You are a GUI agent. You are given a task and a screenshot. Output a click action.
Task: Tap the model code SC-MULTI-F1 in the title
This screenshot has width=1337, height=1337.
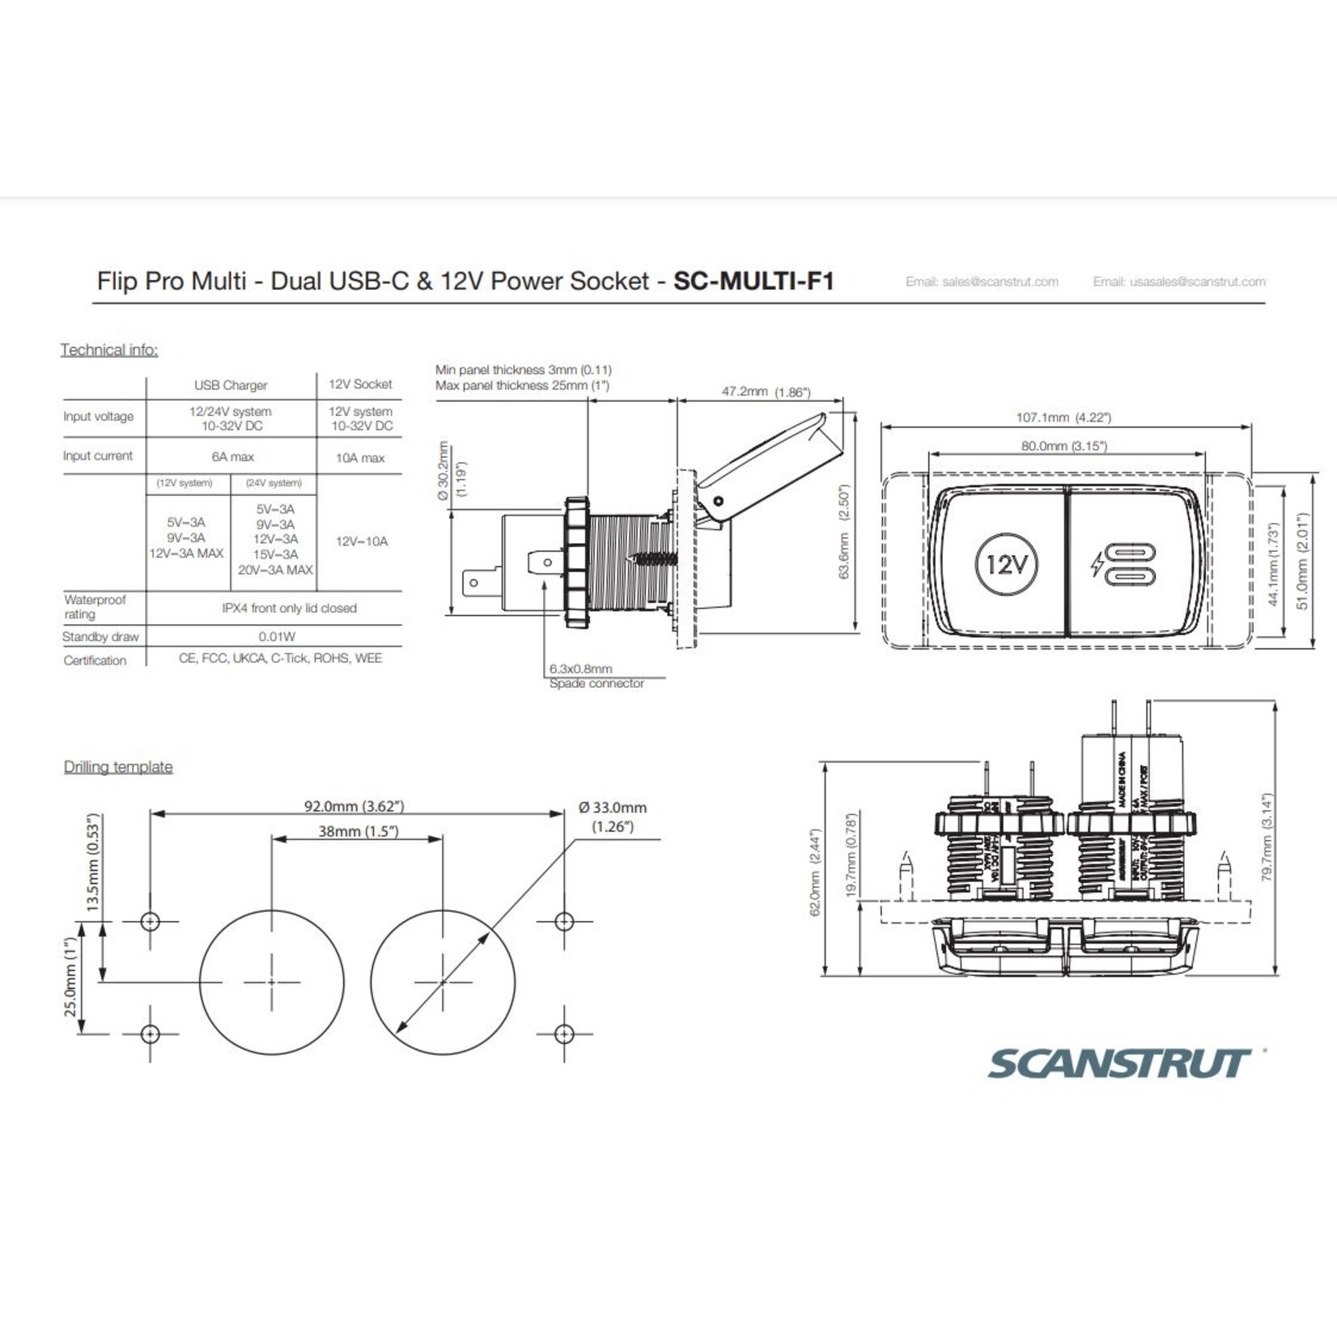(x=753, y=281)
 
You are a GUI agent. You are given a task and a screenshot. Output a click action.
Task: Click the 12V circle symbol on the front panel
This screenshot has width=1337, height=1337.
(x=1006, y=563)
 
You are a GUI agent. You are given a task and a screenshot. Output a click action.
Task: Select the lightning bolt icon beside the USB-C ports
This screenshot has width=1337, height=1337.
(x=1097, y=564)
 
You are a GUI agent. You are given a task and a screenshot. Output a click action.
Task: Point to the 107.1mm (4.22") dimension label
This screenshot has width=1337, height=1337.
(x=1063, y=418)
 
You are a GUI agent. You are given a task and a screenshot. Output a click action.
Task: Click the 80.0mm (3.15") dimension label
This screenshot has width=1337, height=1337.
(x=1063, y=446)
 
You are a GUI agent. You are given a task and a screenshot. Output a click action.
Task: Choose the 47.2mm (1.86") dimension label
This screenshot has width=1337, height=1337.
(x=766, y=392)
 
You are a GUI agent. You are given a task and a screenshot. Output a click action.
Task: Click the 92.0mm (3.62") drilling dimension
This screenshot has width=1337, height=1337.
(x=354, y=806)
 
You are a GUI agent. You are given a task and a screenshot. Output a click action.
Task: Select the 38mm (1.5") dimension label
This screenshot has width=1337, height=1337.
(x=358, y=831)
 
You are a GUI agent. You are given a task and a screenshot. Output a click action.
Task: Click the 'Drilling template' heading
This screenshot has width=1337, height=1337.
(x=118, y=766)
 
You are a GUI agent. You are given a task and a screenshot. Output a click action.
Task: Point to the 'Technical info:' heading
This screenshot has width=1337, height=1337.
(x=109, y=350)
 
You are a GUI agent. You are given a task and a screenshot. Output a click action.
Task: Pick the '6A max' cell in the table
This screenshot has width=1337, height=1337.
(x=232, y=456)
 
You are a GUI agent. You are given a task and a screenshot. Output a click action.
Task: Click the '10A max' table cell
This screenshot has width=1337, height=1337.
(x=360, y=458)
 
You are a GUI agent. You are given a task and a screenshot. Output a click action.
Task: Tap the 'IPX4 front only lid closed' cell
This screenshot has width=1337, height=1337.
(x=289, y=608)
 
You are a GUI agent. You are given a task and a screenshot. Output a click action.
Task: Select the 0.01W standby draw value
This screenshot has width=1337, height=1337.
(x=277, y=637)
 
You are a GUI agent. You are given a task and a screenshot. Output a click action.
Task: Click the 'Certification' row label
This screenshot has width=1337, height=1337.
(x=95, y=660)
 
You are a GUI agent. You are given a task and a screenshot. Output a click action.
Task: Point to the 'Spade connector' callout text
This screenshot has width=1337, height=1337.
(x=596, y=684)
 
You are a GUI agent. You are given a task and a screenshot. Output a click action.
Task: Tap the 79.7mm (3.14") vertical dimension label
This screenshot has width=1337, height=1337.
(x=1267, y=837)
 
